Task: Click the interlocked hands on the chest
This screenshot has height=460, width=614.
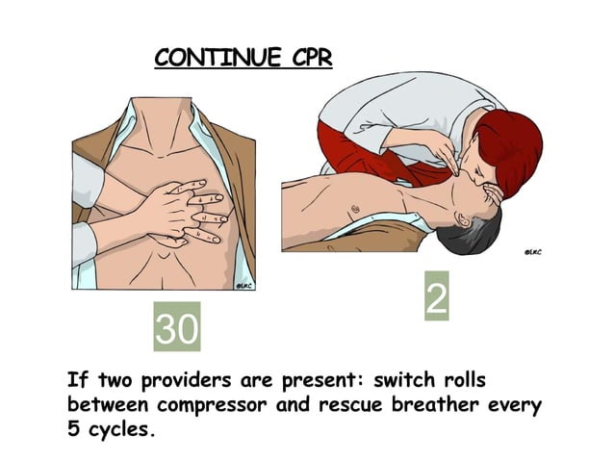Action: click(x=183, y=212)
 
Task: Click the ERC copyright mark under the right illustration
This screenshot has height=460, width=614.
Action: click(x=531, y=252)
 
